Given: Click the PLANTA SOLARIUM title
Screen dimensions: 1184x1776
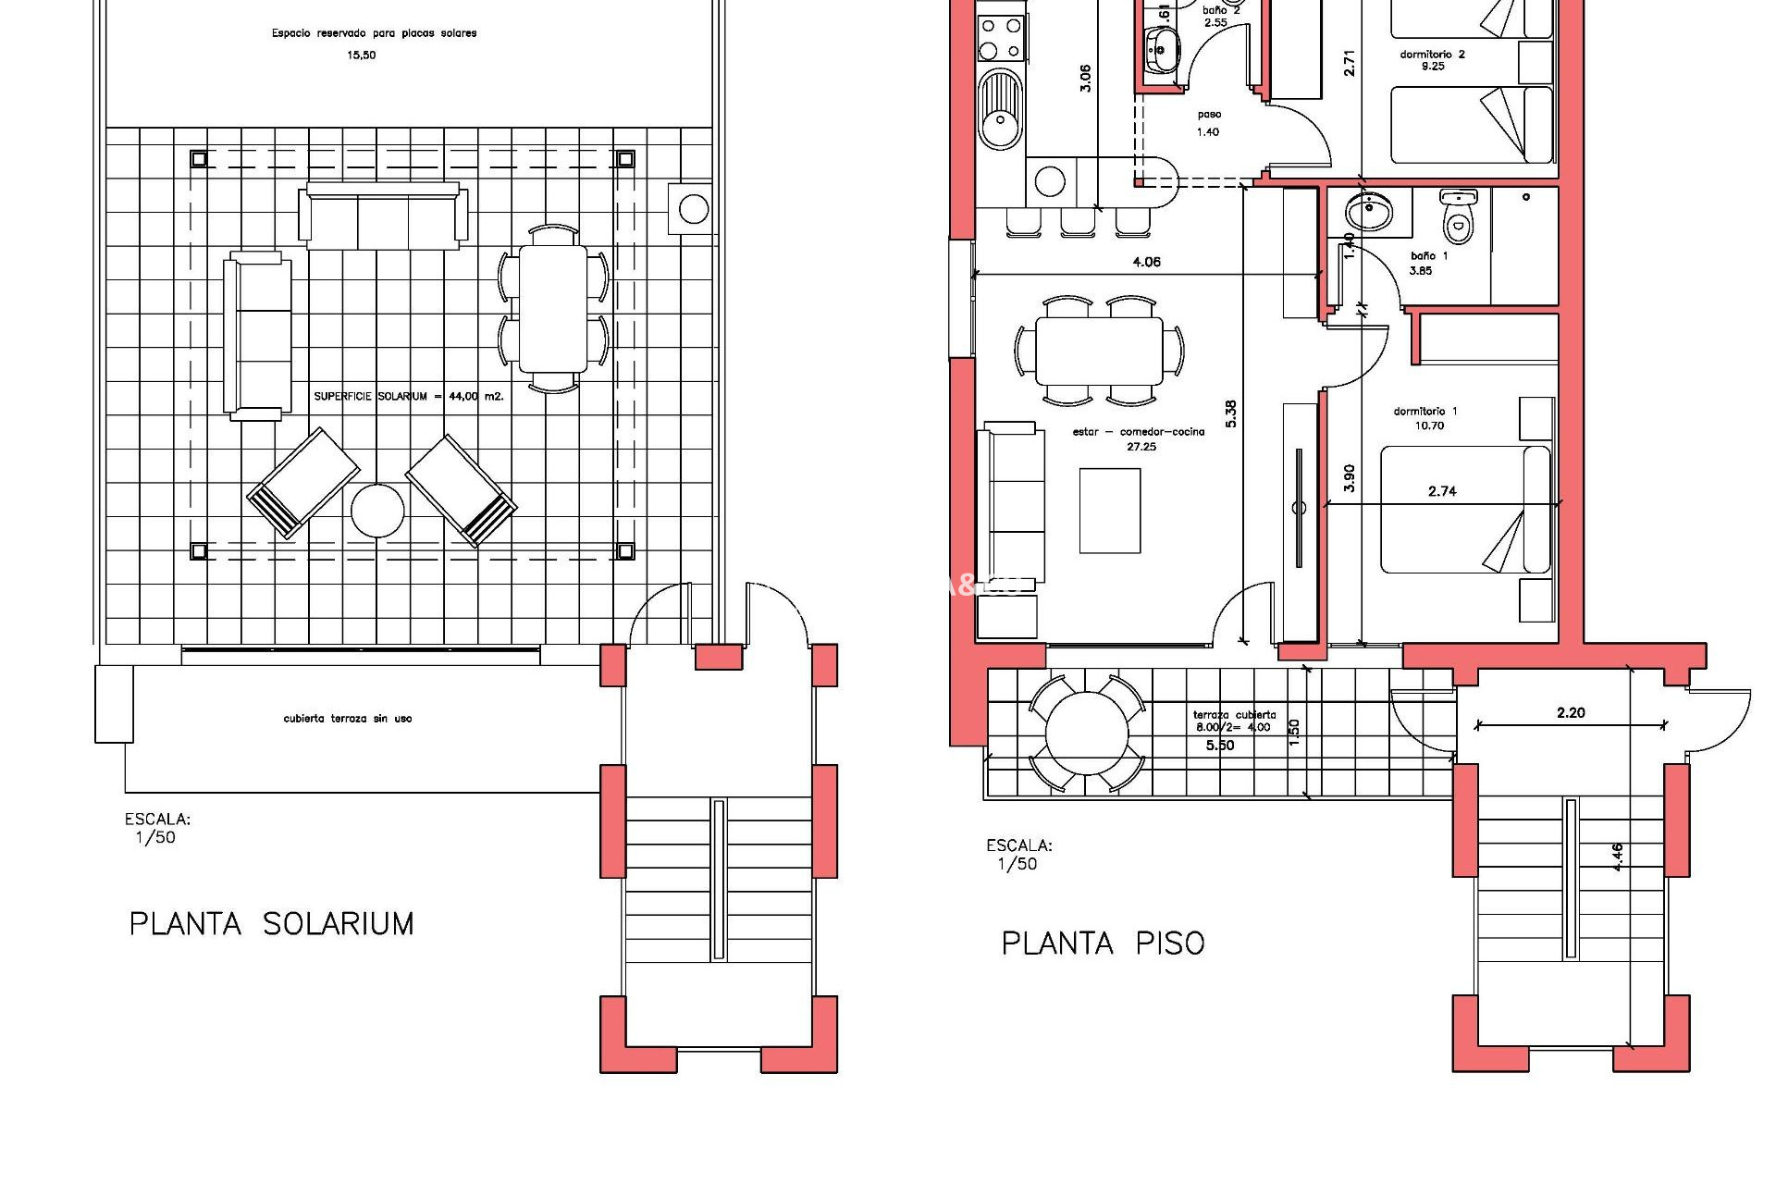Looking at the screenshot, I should pyautogui.click(x=271, y=924).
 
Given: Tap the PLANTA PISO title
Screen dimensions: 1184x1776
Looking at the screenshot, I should pyautogui.click(x=1103, y=943).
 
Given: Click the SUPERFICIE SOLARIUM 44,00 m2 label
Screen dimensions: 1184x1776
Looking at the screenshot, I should pyautogui.click(x=408, y=397).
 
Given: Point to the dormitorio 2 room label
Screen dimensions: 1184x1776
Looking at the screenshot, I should pyautogui.click(x=1432, y=60).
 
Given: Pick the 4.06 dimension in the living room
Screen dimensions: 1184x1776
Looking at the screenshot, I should pyautogui.click(x=1146, y=263).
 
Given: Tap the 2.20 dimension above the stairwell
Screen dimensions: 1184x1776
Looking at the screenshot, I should pyautogui.click(x=1570, y=712).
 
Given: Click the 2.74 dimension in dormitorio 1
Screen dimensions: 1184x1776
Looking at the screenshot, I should pyautogui.click(x=1442, y=491).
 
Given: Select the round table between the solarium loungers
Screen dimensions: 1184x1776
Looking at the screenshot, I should pyautogui.click(x=377, y=511).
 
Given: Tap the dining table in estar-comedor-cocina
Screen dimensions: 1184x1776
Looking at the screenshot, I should pyautogui.click(x=1098, y=351).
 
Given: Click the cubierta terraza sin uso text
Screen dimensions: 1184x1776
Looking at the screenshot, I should pyautogui.click(x=348, y=719).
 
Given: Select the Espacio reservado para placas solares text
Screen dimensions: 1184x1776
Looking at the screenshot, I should pyautogui.click(x=374, y=33).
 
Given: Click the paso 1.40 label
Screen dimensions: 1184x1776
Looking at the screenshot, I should pyautogui.click(x=1208, y=123).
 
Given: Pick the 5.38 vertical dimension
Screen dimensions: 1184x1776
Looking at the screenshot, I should pyautogui.click(x=1230, y=413).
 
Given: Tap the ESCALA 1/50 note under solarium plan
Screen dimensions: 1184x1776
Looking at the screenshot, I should pyautogui.click(x=156, y=829).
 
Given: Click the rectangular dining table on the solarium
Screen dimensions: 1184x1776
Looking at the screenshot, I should pyautogui.click(x=553, y=307).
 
